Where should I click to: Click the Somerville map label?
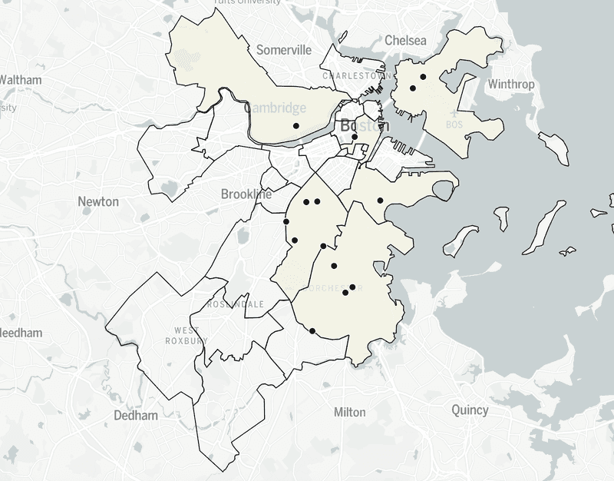pyautogui.click(x=284, y=50)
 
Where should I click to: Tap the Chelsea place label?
pyautogui.click(x=405, y=40)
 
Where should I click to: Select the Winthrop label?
pyautogui.click(x=510, y=84)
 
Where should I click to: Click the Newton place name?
pyautogui.click(x=98, y=201)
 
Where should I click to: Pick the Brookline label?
pyautogui.click(x=246, y=194)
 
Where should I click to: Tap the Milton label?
pyautogui.click(x=350, y=413)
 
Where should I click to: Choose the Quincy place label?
pyautogui.click(x=470, y=410)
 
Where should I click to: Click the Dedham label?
pyautogui.click(x=135, y=416)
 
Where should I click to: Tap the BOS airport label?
pyautogui.click(x=454, y=124)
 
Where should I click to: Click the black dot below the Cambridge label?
pyautogui.click(x=296, y=125)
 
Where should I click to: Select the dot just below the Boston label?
pyautogui.click(x=355, y=138)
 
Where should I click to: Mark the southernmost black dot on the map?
pyautogui.click(x=312, y=331)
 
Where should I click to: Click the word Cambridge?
pyautogui.click(x=275, y=108)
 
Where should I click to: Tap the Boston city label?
pyautogui.click(x=359, y=125)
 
